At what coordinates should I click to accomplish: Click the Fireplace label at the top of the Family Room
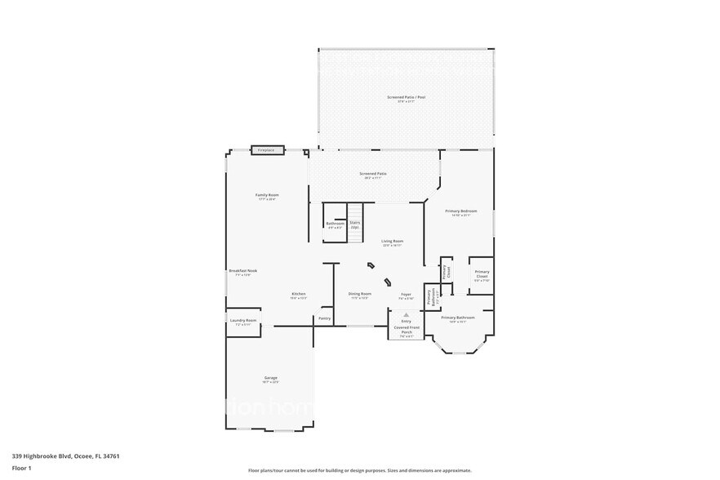(266, 151)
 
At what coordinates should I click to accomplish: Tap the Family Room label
(267, 196)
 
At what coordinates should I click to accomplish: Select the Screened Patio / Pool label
(406, 97)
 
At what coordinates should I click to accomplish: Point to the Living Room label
(393, 242)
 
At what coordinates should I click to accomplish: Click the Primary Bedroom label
(460, 211)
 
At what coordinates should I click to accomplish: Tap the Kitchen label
(299, 295)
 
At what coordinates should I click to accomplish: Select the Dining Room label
(360, 294)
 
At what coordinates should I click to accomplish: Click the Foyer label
(405, 294)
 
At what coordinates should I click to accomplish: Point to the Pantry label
(324, 318)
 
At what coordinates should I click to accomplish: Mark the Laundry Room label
(243, 321)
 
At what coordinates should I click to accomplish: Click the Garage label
(271, 378)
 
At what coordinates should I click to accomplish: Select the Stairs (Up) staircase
(355, 223)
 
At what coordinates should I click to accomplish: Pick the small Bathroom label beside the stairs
(335, 224)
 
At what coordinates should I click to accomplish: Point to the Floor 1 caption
(21, 467)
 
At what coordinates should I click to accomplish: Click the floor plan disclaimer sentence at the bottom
(359, 471)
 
